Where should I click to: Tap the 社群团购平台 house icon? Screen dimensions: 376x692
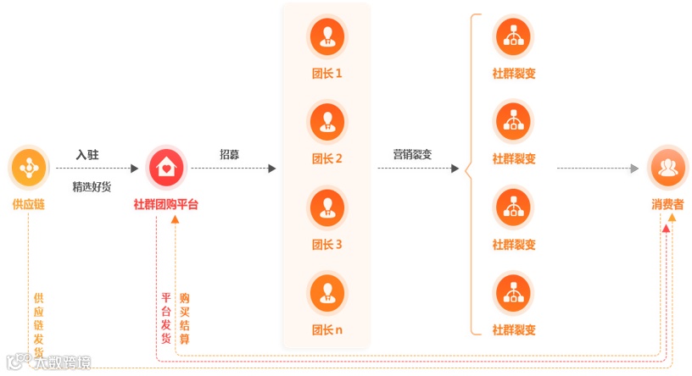click(x=166, y=168)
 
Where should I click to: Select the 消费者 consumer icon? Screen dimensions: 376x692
click(x=668, y=168)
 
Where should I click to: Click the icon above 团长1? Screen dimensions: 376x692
click(x=326, y=36)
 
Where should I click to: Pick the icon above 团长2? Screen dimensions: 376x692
click(x=326, y=121)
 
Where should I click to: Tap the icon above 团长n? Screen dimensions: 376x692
click(x=326, y=292)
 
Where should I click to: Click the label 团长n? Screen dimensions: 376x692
click(x=326, y=329)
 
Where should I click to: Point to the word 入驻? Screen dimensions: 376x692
click(x=87, y=154)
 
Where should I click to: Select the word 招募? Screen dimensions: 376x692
click(x=230, y=154)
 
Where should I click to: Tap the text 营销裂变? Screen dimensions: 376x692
click(x=412, y=154)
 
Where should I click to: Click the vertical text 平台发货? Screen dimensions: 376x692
click(x=166, y=318)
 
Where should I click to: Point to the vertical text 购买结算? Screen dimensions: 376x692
click(x=185, y=318)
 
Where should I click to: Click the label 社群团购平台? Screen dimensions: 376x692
click(x=166, y=205)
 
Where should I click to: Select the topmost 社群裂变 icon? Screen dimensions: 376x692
click(x=513, y=36)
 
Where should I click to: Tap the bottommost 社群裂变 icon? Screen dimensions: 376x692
click(x=513, y=292)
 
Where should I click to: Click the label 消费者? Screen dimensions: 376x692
click(x=668, y=205)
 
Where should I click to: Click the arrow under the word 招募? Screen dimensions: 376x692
click(x=233, y=169)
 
